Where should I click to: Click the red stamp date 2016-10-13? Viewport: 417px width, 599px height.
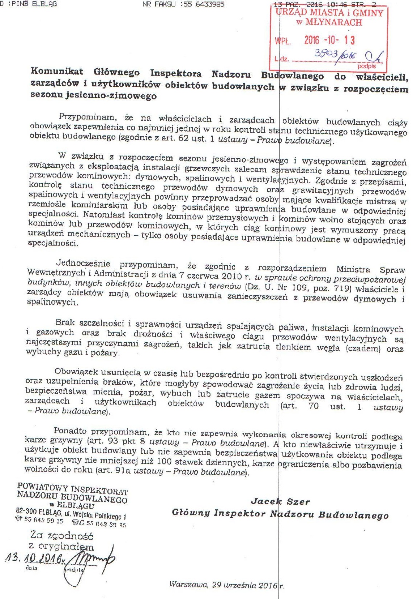329,40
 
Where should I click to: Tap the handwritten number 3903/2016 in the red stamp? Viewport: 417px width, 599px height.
336,55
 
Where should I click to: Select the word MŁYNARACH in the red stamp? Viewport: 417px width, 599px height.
334,22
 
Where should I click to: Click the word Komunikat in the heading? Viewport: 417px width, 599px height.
57,71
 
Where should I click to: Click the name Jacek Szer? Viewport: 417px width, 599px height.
280,501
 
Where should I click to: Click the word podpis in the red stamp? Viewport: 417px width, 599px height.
366,67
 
